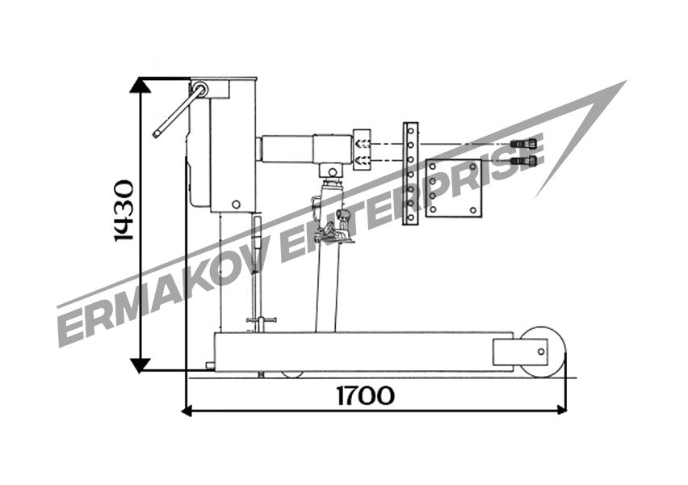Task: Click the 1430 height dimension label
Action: click(x=124, y=210)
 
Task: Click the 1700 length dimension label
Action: click(x=366, y=395)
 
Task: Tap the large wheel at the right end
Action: click(x=544, y=352)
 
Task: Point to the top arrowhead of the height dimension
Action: click(x=141, y=85)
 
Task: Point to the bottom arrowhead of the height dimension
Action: click(x=141, y=365)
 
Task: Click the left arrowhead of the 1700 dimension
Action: click(x=187, y=411)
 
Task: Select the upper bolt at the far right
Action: click(x=524, y=144)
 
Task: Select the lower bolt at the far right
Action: click(x=524, y=160)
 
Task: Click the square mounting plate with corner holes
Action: click(x=453, y=188)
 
